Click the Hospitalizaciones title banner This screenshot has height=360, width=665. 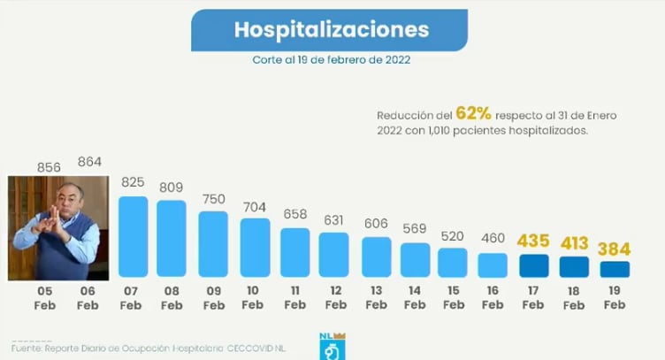[332, 30]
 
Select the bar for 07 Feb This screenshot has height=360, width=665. [133, 237]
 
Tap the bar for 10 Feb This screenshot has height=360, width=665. [255, 248]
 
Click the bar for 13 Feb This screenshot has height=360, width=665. [376, 257]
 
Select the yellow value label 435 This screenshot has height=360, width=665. [533, 241]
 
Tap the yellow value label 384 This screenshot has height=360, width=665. [614, 249]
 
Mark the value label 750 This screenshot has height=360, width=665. [213, 199]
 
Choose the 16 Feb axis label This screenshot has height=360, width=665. [493, 297]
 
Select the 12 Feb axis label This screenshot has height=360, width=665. [334, 297]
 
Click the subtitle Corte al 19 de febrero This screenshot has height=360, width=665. [331, 62]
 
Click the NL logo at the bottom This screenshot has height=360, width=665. [330, 346]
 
